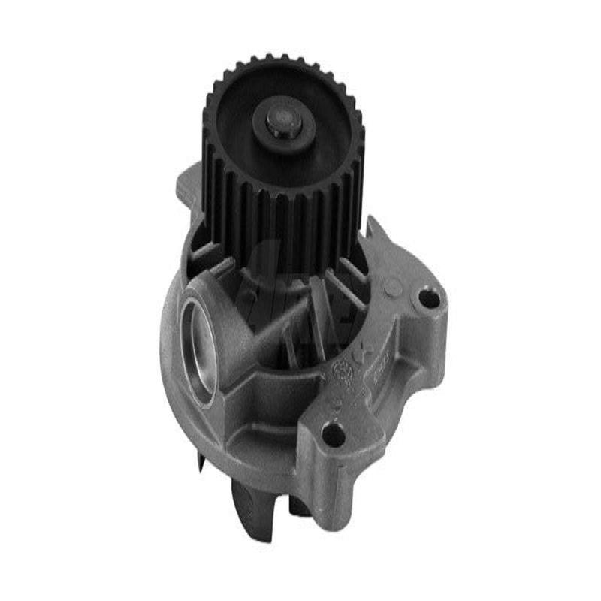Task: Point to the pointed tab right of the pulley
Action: point(374,229)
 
